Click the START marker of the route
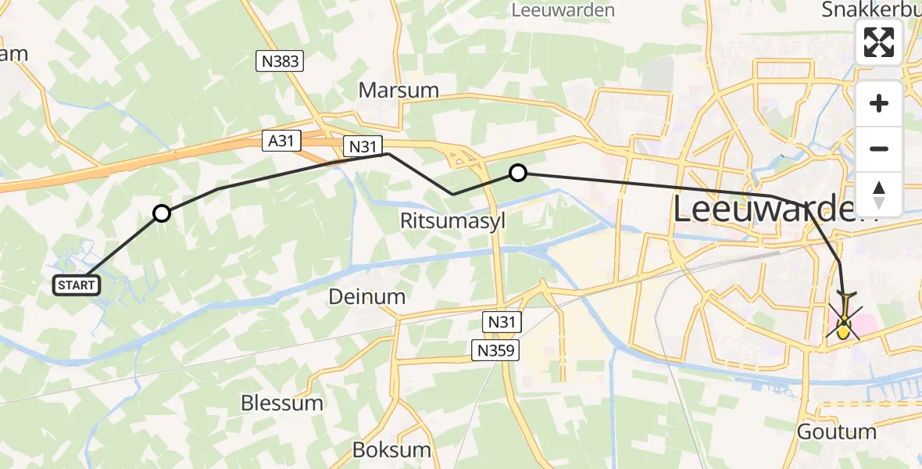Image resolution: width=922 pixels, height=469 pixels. click(x=77, y=285)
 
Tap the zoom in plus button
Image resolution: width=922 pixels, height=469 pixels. click(x=879, y=103)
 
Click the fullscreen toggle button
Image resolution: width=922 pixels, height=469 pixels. click(x=879, y=42)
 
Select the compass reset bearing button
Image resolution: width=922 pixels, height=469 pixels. click(x=879, y=194)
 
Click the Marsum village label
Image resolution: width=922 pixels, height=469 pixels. click(x=398, y=90)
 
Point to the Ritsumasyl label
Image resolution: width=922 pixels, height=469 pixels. click(x=452, y=220)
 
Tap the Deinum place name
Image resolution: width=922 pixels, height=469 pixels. click(x=366, y=297)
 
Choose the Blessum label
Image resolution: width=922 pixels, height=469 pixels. click(x=282, y=403)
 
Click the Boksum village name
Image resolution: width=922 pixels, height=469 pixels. click(x=391, y=450)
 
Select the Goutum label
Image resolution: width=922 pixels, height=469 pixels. click(x=837, y=431)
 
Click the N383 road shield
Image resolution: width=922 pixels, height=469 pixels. click(x=279, y=61)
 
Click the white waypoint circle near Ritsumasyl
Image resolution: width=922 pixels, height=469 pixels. click(x=517, y=173)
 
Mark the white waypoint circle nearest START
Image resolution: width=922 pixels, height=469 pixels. click(x=161, y=213)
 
